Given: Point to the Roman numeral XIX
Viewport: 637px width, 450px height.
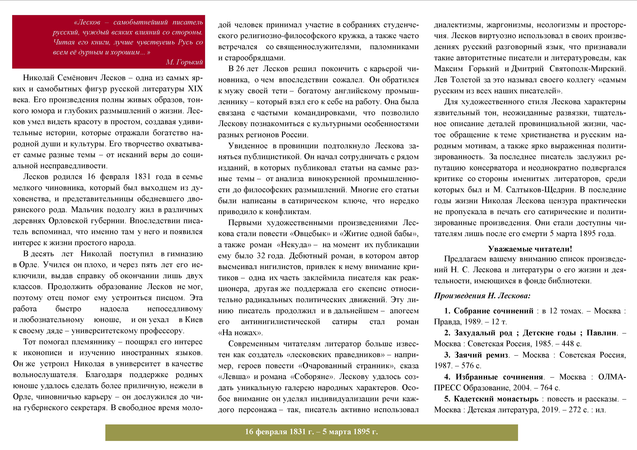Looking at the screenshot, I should click(195, 89).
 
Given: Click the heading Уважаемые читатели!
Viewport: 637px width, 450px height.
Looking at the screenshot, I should click(530, 249).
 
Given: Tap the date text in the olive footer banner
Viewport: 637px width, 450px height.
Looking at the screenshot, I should click(311, 432).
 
